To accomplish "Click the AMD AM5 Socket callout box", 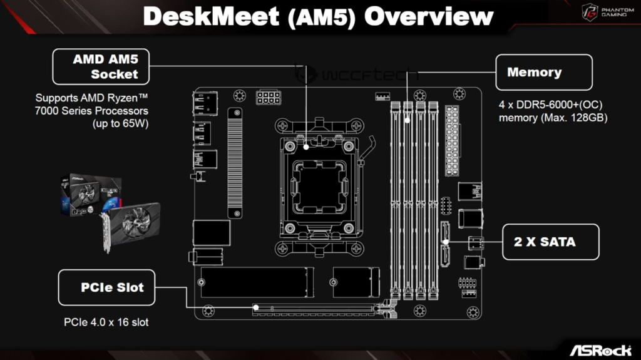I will [x=101, y=67].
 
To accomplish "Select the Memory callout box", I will [x=543, y=73].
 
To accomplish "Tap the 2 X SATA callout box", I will [x=550, y=242].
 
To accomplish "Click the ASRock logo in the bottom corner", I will [x=600, y=348].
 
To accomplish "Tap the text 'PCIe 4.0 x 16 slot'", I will [x=106, y=322].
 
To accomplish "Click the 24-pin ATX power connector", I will [x=452, y=141].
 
